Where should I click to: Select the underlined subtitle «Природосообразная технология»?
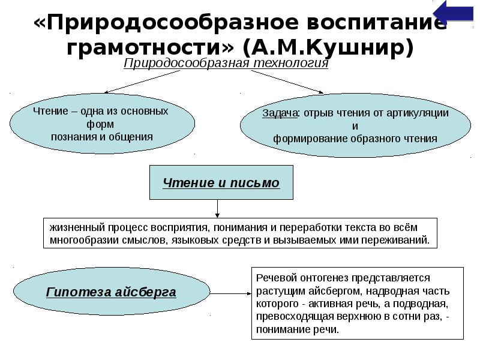pos(226,64)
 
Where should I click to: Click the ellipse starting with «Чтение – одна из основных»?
pos(102,124)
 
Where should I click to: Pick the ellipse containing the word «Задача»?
pos(355,126)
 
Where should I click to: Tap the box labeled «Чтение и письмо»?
pos(221,182)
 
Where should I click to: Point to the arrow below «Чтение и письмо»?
pos(218,208)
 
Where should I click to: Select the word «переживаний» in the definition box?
pos(399,239)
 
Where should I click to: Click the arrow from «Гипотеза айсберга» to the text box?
pos(231,293)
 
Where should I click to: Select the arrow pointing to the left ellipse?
pos(141,82)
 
